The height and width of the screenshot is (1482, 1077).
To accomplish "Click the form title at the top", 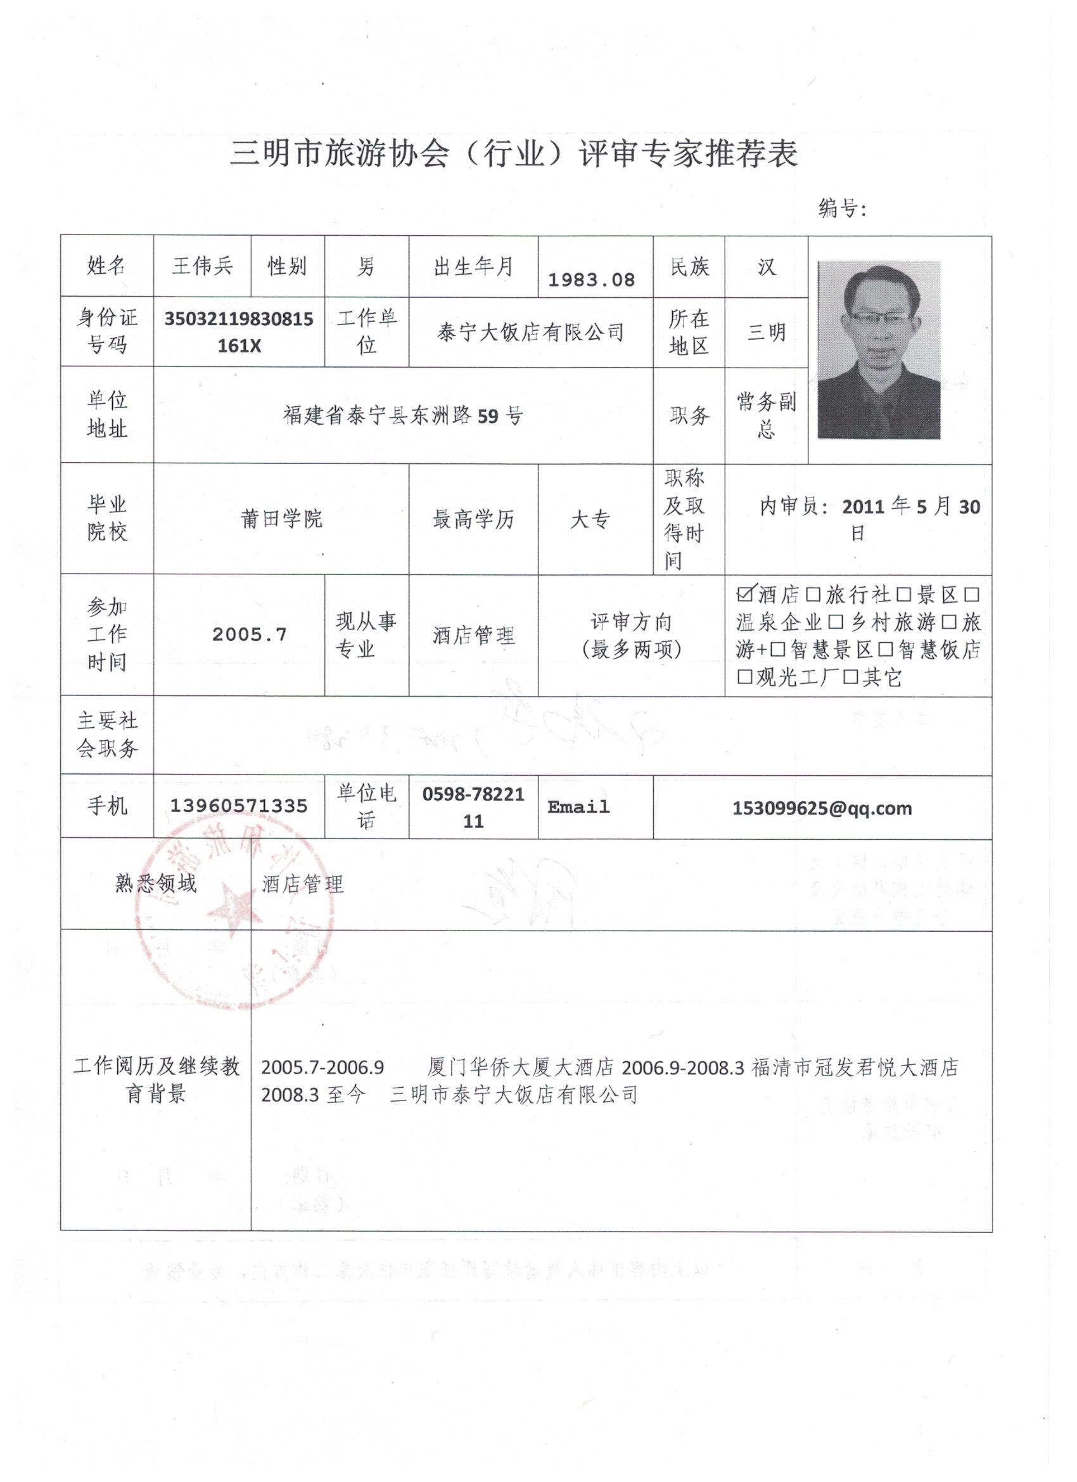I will click(x=513, y=155).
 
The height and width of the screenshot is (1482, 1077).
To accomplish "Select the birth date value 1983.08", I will click(x=591, y=280).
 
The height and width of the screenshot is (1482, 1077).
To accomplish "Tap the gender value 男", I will click(x=366, y=266).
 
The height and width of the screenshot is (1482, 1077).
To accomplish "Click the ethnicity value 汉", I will click(x=766, y=267).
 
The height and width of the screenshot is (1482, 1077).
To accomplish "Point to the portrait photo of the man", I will click(x=879, y=350).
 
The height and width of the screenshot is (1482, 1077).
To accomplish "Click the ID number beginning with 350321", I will click(x=238, y=332).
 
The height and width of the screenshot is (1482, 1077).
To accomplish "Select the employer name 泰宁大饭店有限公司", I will click(x=530, y=333).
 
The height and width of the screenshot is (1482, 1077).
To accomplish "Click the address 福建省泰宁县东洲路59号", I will click(x=403, y=415).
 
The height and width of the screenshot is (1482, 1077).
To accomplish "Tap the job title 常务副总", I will click(x=766, y=415).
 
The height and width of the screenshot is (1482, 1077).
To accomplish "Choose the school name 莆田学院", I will click(x=281, y=519).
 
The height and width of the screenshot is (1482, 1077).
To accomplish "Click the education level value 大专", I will click(x=590, y=520).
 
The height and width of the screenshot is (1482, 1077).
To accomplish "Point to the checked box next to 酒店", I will click(x=744, y=593).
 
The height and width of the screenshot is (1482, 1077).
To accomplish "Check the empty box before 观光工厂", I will click(x=744, y=676).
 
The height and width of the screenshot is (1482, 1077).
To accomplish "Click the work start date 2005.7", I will click(x=250, y=635).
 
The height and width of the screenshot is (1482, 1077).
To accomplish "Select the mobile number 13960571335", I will click(x=238, y=806).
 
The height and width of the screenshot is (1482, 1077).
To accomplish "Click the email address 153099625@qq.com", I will click(x=822, y=808).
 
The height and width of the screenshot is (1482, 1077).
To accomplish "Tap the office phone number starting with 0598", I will click(x=473, y=808).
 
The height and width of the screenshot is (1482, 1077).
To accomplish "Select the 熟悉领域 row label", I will click(x=155, y=884).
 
